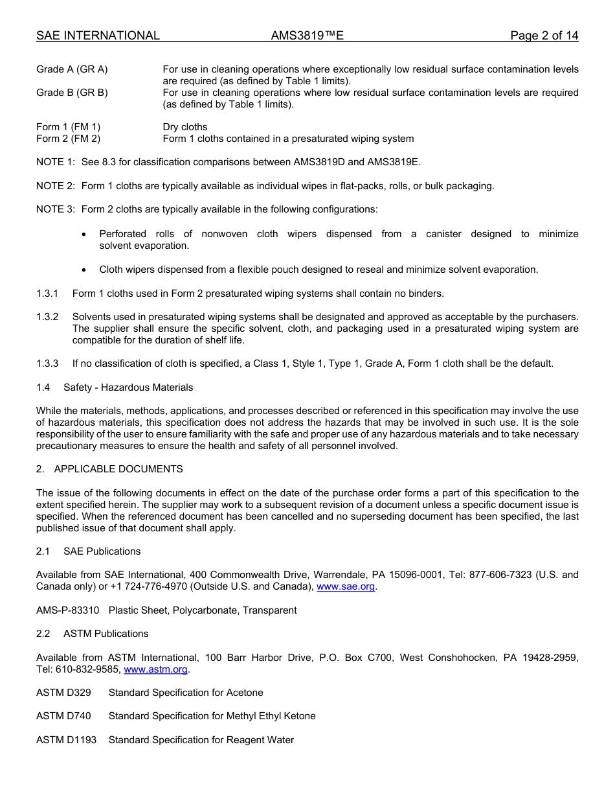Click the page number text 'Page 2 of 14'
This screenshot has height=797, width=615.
coord(544,36)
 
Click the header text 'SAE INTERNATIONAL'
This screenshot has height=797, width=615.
coord(98,36)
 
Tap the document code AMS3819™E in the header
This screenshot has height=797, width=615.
coord(307,36)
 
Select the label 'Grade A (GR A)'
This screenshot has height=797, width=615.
coord(72,69)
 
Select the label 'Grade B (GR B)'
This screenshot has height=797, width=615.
coord(72,93)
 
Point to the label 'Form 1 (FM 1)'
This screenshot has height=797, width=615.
coord(68,127)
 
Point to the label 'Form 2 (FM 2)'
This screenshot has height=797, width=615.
coord(68,139)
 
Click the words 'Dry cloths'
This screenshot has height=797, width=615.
coord(185,127)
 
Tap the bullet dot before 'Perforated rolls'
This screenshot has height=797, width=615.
coord(85,234)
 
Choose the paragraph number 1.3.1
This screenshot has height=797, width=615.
coord(47,294)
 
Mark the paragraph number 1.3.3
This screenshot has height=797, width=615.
coord(47,364)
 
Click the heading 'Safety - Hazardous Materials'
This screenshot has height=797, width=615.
coord(128,387)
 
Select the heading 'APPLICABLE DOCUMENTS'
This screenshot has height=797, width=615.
coord(118,469)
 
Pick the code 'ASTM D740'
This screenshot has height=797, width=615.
coord(63,716)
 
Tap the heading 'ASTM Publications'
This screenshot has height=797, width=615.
coord(106,634)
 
